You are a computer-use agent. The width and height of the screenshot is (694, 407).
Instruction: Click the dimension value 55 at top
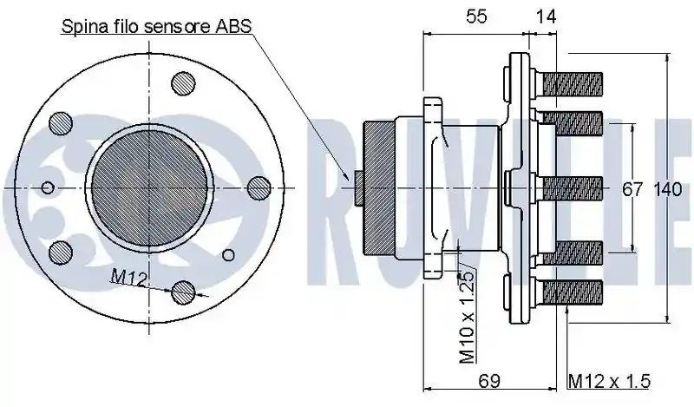click(476, 16)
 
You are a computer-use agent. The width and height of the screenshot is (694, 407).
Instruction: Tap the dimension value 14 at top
click(546, 16)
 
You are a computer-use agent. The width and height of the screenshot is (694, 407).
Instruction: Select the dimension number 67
click(632, 189)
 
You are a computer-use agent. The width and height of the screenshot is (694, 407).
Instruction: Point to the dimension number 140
click(667, 189)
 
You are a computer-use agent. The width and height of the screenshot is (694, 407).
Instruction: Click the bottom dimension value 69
click(489, 380)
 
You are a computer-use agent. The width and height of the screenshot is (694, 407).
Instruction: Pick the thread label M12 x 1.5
click(610, 381)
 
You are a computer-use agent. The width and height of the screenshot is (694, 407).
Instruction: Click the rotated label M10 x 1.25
click(467, 316)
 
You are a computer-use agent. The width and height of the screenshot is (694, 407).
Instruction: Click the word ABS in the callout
click(233, 26)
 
